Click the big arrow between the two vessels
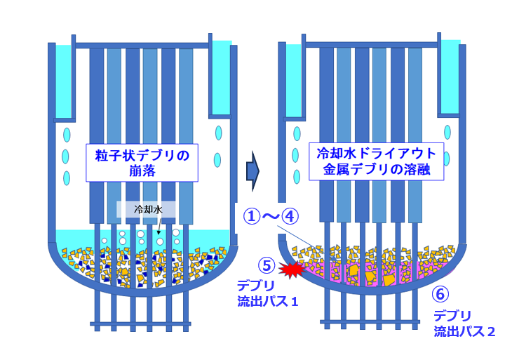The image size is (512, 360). pos(253,170)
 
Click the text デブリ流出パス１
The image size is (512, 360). pos(268,295)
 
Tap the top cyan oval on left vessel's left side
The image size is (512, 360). pos(67,134)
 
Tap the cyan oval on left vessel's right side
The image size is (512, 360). pos(218,132)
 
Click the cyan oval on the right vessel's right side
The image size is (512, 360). pos(449,131)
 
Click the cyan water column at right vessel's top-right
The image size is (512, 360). pos(450,77)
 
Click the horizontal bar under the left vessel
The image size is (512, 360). pos(140,324)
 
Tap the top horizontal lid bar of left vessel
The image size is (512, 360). pos(140,46)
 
